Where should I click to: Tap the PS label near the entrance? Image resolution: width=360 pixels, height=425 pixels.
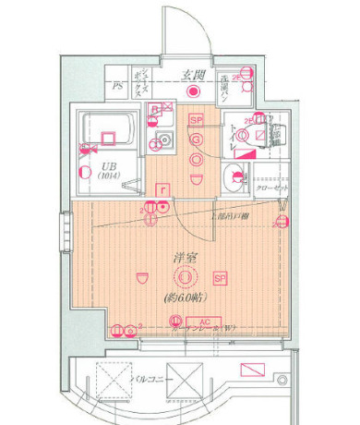tap(117, 87)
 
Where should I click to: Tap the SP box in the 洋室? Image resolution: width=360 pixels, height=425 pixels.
tap(220, 277)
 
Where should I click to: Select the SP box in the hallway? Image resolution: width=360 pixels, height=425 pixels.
tap(196, 120)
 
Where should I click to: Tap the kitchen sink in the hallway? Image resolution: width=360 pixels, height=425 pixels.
tap(167, 142)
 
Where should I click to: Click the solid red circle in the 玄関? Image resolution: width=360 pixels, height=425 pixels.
tap(194, 91)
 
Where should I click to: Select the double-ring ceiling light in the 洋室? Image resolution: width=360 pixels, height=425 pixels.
tap(186, 277)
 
